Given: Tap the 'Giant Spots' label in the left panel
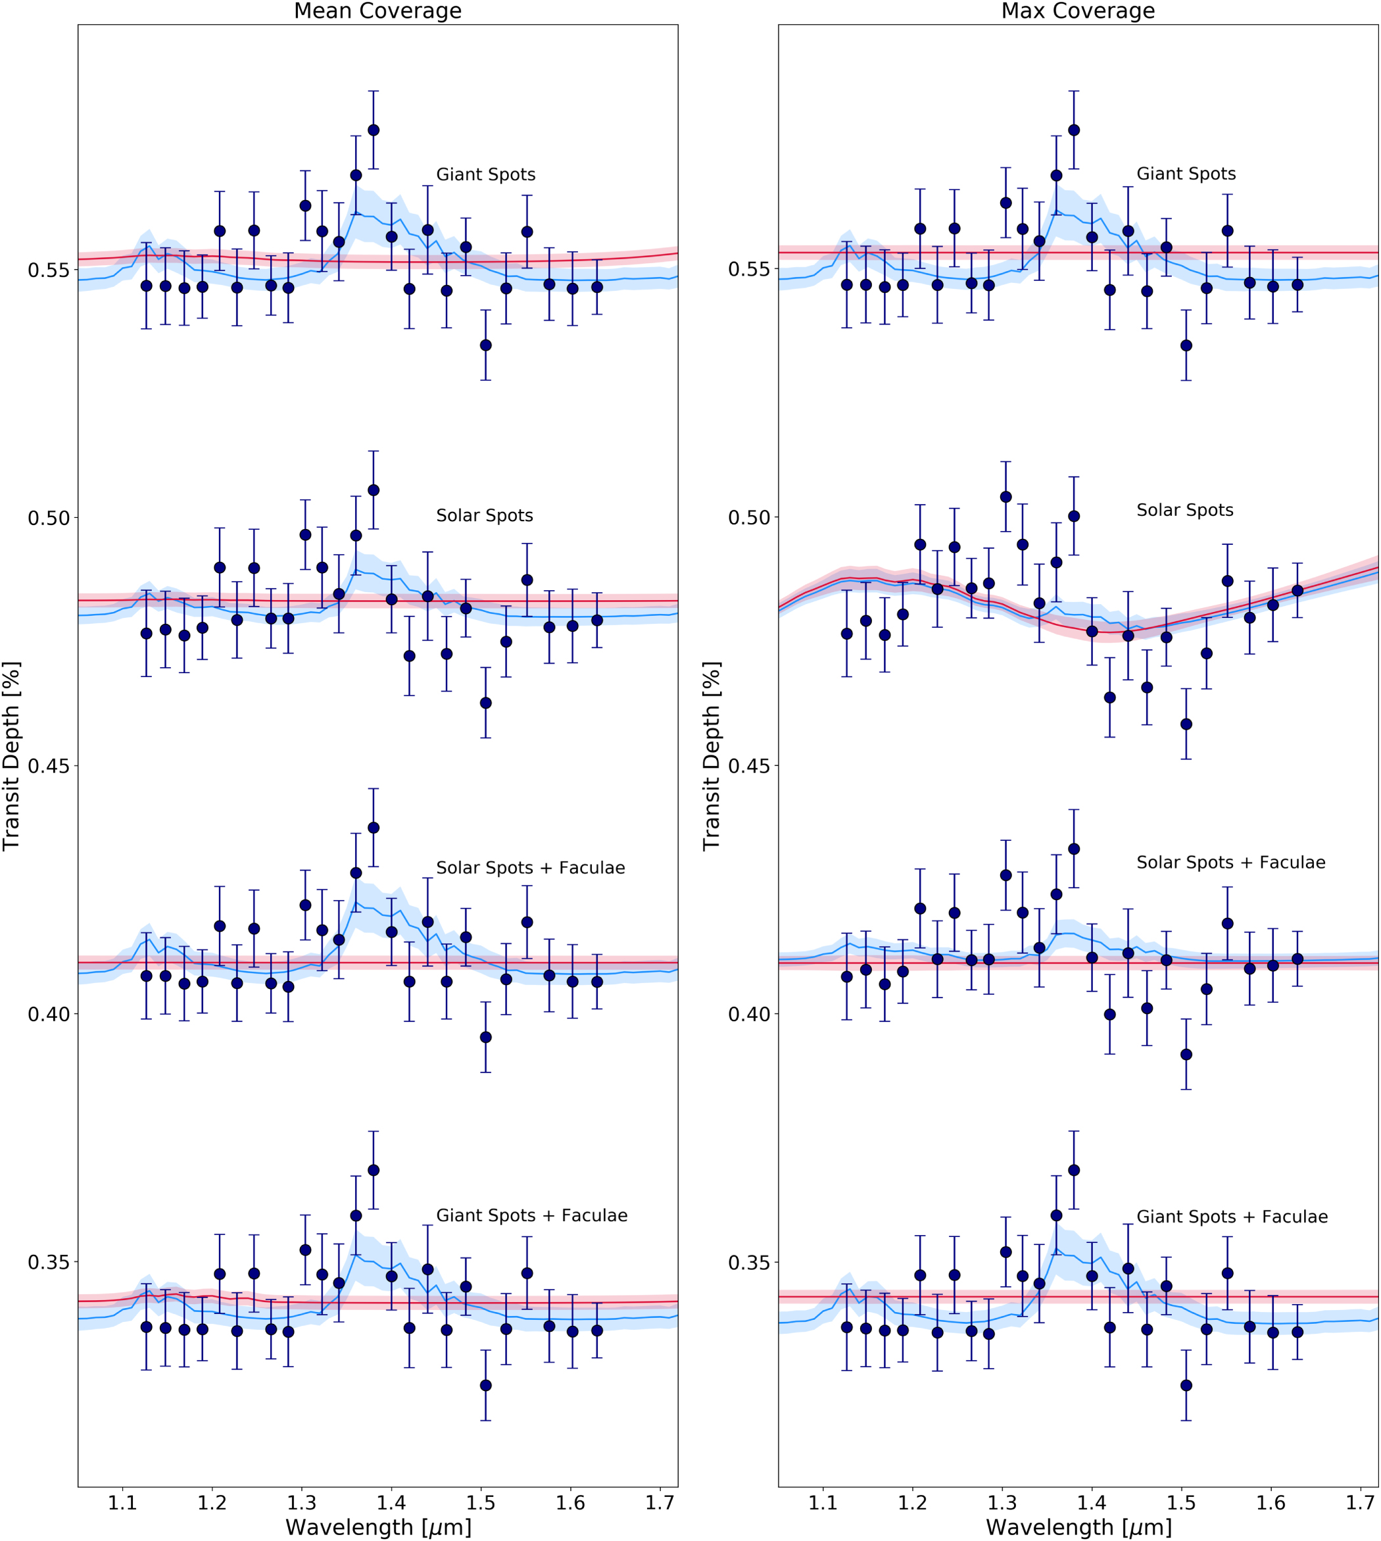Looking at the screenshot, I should pos(485,174).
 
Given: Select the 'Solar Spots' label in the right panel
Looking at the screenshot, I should pos(1184,510).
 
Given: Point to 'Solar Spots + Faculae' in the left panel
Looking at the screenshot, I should pos(531,868).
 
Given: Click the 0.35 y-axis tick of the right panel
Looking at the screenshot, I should pos(749,1263).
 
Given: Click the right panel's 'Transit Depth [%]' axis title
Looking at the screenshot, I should pos(711,756).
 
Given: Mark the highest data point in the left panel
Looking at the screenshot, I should pos(374,130).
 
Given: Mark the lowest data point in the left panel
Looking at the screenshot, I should pos(485,1385).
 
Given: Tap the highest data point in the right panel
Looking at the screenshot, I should pos(1074,130).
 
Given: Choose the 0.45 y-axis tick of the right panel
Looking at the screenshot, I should pos(749,766).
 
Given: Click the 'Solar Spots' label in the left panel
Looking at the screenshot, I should pos(484,515).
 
